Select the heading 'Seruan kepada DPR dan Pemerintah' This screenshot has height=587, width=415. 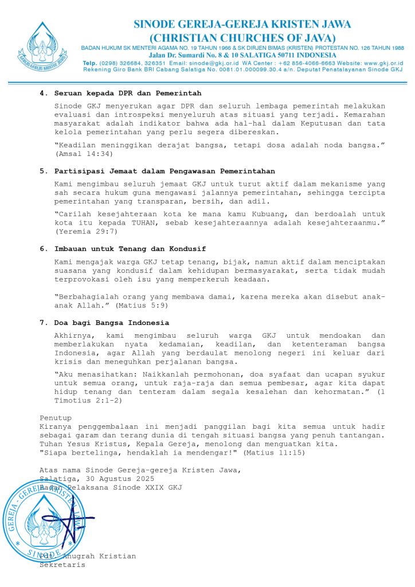pyautogui.click(x=128, y=93)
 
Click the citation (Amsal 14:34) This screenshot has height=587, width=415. pyautogui.click(x=84, y=154)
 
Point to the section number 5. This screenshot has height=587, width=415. pyautogui.click(x=42, y=171)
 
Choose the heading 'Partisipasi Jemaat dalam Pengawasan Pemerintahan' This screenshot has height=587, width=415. pyautogui.click(x=165, y=171)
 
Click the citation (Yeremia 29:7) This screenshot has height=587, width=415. pyautogui.click(x=87, y=232)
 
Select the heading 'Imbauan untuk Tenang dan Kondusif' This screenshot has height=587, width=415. pyautogui.click(x=130, y=249)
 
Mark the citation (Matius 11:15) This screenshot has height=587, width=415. pyautogui.click(x=274, y=453)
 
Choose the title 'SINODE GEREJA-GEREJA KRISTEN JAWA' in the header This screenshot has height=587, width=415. pyautogui.click(x=242, y=25)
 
